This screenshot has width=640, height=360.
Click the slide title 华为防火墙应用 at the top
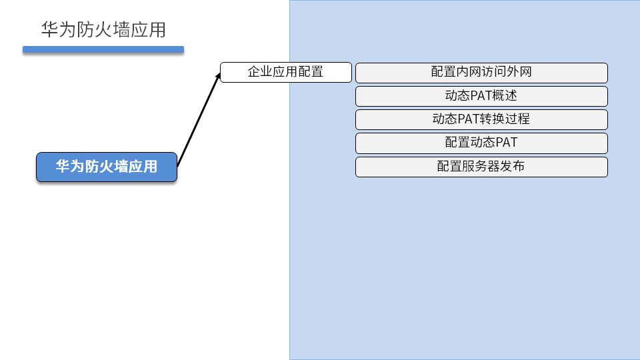(103, 30)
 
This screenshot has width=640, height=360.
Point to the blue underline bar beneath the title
(103, 49)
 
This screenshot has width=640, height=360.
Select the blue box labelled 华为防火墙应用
(107, 167)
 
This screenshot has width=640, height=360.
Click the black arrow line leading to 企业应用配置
(198, 120)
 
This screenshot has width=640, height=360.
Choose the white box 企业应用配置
(285, 72)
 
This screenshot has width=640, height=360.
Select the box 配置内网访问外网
(481, 72)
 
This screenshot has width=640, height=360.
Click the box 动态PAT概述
(481, 96)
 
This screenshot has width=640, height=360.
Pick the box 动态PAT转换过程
(481, 119)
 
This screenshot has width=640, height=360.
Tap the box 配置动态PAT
(481, 143)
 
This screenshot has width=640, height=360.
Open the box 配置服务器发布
(481, 167)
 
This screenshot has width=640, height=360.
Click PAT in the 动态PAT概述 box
(481, 96)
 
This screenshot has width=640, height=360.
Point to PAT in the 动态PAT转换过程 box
(469, 119)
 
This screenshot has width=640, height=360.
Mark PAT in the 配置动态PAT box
(506, 143)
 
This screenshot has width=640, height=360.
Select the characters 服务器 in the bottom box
(481, 167)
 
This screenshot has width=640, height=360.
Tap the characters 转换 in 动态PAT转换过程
(493, 119)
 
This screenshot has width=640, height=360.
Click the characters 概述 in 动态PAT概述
(505, 96)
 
